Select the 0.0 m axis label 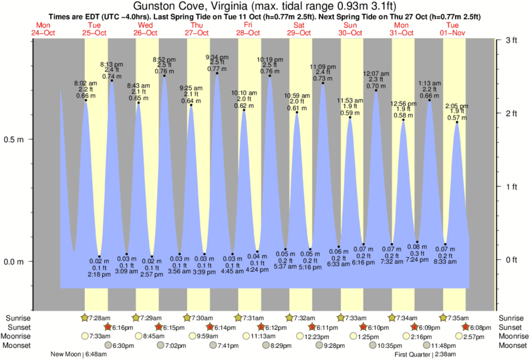pyautogui.click(x=15, y=261)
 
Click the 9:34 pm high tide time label pyautogui.click(x=217, y=56)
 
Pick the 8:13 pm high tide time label pyautogui.click(x=111, y=64)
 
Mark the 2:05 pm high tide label pyautogui.click(x=457, y=106)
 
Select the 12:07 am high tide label pyautogui.click(x=376, y=73)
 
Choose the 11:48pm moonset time pyautogui.click(x=443, y=345)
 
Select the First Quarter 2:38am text pyautogui.click(x=426, y=354)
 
